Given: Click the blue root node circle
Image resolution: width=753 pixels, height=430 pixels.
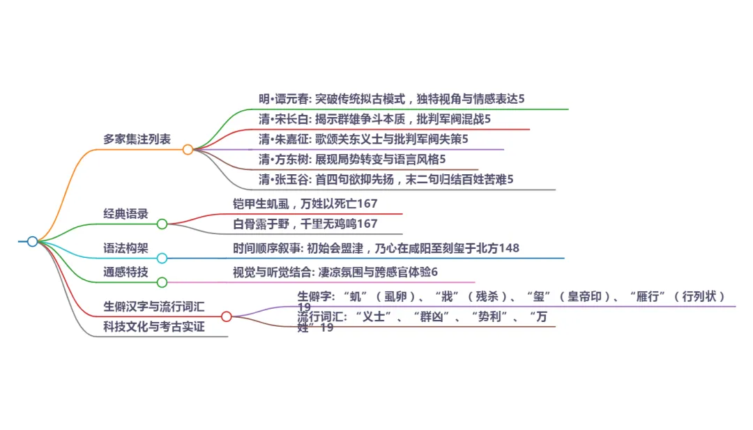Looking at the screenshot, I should coord(32,241).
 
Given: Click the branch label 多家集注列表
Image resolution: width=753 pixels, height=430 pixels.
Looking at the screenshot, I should coord(137,139).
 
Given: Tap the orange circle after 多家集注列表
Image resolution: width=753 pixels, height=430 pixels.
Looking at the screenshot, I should coord(188,149).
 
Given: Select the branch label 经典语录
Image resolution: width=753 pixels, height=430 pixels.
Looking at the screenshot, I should coord(125,214).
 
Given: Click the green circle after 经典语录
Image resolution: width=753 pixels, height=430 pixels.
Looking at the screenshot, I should coord(162,224).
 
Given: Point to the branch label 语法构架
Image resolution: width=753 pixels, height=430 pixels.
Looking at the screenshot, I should coord(125,248).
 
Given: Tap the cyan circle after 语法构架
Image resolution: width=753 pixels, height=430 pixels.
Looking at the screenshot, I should coord(162,258).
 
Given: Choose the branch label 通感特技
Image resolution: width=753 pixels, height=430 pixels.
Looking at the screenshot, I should coord(125,272).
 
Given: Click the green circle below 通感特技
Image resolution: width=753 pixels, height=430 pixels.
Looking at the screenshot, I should coord(162,282).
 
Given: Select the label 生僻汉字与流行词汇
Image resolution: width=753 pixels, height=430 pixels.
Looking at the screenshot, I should coord(154,306).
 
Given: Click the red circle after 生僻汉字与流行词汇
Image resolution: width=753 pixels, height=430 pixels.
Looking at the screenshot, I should coord(226,316).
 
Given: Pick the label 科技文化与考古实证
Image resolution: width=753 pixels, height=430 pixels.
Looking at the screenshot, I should coord(154,326).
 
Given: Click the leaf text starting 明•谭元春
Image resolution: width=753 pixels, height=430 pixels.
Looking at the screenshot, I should coord(391,99).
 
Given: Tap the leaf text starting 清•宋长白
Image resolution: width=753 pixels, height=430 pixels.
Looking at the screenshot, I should coord(374,119).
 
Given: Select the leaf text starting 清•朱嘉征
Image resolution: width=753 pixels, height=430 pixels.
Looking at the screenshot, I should coord(363,139).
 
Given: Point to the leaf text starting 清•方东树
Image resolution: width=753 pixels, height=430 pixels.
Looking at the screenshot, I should coord(352,160).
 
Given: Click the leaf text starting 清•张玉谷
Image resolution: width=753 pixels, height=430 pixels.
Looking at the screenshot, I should coord(386,179).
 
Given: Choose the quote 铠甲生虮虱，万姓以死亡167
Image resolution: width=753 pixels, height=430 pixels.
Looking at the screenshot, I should coord(305,204).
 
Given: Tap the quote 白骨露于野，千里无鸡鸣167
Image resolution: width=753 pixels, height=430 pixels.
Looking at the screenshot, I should coord(305,224).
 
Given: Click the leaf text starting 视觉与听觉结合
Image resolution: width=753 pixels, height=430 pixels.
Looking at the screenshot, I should coord(335,272).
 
